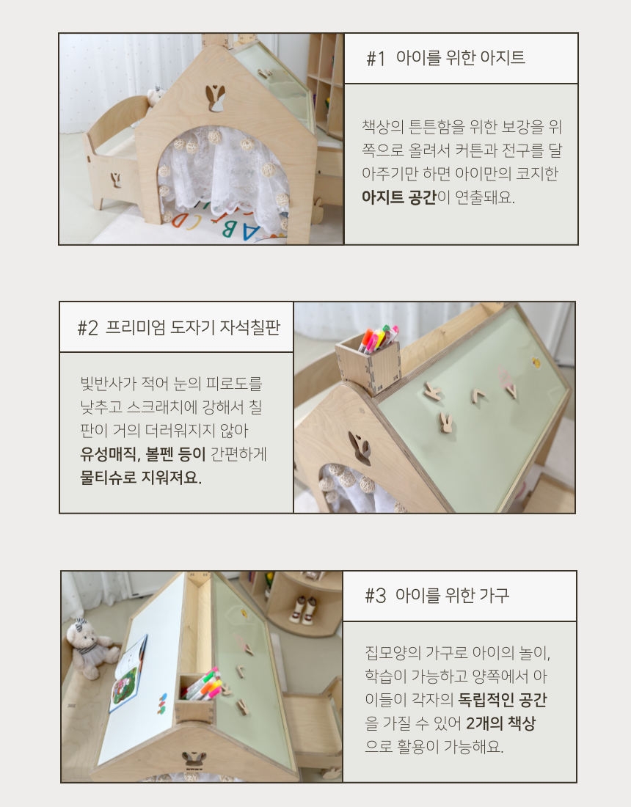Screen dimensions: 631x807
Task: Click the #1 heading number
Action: [x=376, y=59]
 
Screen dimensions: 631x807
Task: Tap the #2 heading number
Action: [x=87, y=328]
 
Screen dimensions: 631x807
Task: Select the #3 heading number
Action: [x=375, y=596]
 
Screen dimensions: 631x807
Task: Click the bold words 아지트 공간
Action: [x=399, y=197]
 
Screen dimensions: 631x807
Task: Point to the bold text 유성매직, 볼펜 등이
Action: [x=142, y=454]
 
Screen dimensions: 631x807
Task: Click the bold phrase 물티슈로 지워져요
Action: [x=141, y=477]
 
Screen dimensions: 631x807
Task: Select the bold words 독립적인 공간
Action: [x=503, y=699]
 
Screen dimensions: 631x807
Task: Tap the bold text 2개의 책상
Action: [x=501, y=723]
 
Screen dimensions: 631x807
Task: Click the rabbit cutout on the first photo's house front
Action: [x=215, y=98]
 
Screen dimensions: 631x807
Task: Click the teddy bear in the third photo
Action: [x=90, y=649]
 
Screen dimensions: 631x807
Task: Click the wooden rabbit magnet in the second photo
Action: [x=445, y=423]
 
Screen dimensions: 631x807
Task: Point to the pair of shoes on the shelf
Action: [x=303, y=610]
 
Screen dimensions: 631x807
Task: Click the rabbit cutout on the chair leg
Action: [x=116, y=180]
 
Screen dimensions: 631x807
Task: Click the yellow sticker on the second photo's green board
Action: [x=536, y=363]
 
